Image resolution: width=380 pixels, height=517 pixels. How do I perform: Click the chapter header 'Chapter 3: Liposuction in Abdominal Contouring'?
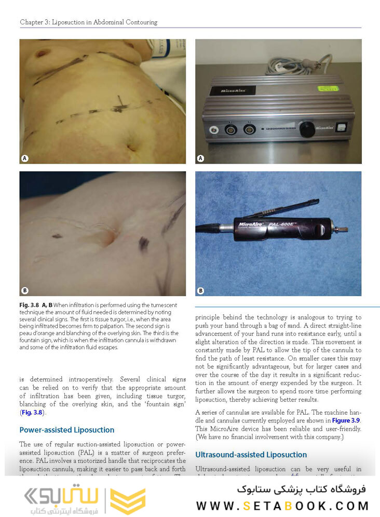(x=88, y=22)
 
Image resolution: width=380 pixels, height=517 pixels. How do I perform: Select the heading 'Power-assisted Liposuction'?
(x=66, y=430)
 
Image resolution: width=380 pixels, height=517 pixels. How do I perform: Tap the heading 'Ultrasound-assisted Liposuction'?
(x=251, y=455)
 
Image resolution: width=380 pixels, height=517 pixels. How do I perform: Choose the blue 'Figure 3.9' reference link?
(x=345, y=420)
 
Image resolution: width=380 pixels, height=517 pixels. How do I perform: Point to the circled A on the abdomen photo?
(x=24, y=157)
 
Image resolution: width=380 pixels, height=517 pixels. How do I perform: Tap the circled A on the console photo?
(x=200, y=157)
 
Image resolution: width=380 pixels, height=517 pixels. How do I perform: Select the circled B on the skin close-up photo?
(x=24, y=290)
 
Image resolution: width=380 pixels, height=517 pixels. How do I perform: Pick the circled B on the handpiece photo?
(x=200, y=290)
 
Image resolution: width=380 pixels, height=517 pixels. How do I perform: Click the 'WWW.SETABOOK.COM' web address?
(x=282, y=505)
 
